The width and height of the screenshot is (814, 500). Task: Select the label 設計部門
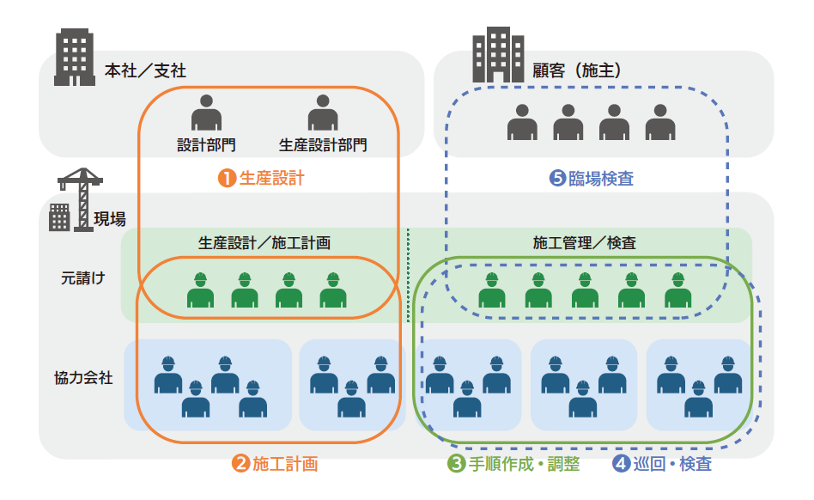coord(206,145)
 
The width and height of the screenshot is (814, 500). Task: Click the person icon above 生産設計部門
coord(323,113)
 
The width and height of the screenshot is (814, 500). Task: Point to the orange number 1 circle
coord(226,179)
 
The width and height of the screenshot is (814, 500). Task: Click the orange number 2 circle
coord(241,465)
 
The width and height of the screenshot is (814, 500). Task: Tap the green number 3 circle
coord(456,465)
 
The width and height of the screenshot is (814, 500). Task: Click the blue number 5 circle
coord(557,179)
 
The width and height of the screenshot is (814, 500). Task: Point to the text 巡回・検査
coord(673,465)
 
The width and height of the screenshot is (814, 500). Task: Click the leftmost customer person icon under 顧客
coord(521,123)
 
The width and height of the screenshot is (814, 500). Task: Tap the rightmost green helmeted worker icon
coord(677,290)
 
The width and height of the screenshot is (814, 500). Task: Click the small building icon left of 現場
coord(59,217)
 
